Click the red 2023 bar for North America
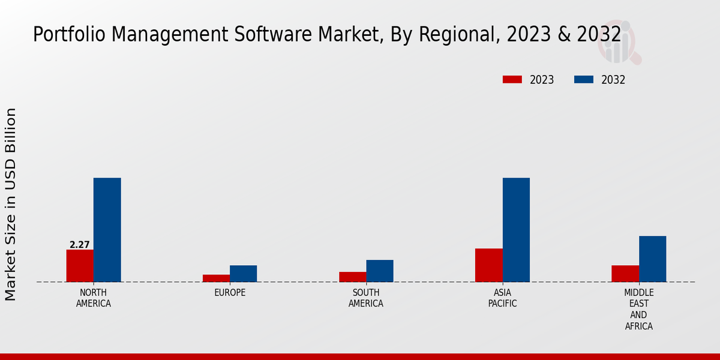pyautogui.click(x=80, y=266)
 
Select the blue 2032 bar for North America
pyautogui.click(x=107, y=230)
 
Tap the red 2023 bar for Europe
pyautogui.click(x=216, y=278)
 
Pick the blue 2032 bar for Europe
pyautogui.click(x=244, y=274)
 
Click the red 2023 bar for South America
pyautogui.click(x=352, y=277)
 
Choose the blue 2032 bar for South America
pyautogui.click(x=380, y=271)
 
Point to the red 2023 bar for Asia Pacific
pyautogui.click(x=488, y=265)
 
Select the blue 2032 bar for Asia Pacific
pyautogui.click(x=516, y=230)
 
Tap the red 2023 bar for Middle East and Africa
pyautogui.click(x=625, y=274)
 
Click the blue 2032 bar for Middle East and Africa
pyautogui.click(x=652, y=259)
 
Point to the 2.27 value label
pyautogui.click(x=80, y=245)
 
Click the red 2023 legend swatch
pyautogui.click(x=512, y=80)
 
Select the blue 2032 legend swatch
pyautogui.click(x=584, y=80)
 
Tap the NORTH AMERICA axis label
pyautogui.click(x=94, y=298)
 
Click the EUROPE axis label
pyautogui.click(x=230, y=293)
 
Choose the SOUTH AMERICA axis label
pyautogui.click(x=366, y=298)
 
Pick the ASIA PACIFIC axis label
pyautogui.click(x=502, y=298)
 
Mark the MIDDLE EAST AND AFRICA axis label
pyautogui.click(x=638, y=310)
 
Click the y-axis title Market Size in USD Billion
pyautogui.click(x=11, y=204)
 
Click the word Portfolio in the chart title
pyautogui.click(x=61, y=35)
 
